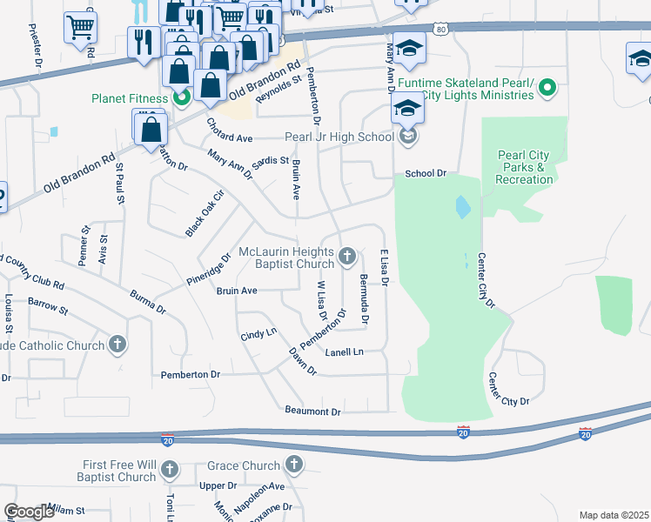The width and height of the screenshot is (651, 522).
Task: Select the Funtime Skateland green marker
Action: click(x=547, y=86)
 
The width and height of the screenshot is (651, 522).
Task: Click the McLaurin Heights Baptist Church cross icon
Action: click(x=347, y=257)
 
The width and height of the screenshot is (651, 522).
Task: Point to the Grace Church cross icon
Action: click(x=294, y=465)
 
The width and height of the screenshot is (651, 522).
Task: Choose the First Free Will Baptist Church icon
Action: click(x=169, y=471)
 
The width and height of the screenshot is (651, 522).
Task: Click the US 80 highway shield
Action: click(x=442, y=30)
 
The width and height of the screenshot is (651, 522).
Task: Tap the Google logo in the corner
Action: click(x=29, y=512)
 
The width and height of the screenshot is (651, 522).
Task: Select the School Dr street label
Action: click(x=425, y=173)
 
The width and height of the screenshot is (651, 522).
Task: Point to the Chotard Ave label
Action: click(x=229, y=138)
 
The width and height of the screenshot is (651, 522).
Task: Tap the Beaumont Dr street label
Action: click(x=312, y=410)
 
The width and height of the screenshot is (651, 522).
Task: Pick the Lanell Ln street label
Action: click(x=344, y=352)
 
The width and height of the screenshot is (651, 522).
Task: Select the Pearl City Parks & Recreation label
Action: click(x=524, y=168)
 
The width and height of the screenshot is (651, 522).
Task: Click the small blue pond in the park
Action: click(x=461, y=207)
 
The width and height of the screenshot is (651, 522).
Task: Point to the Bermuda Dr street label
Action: click(x=364, y=300)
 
